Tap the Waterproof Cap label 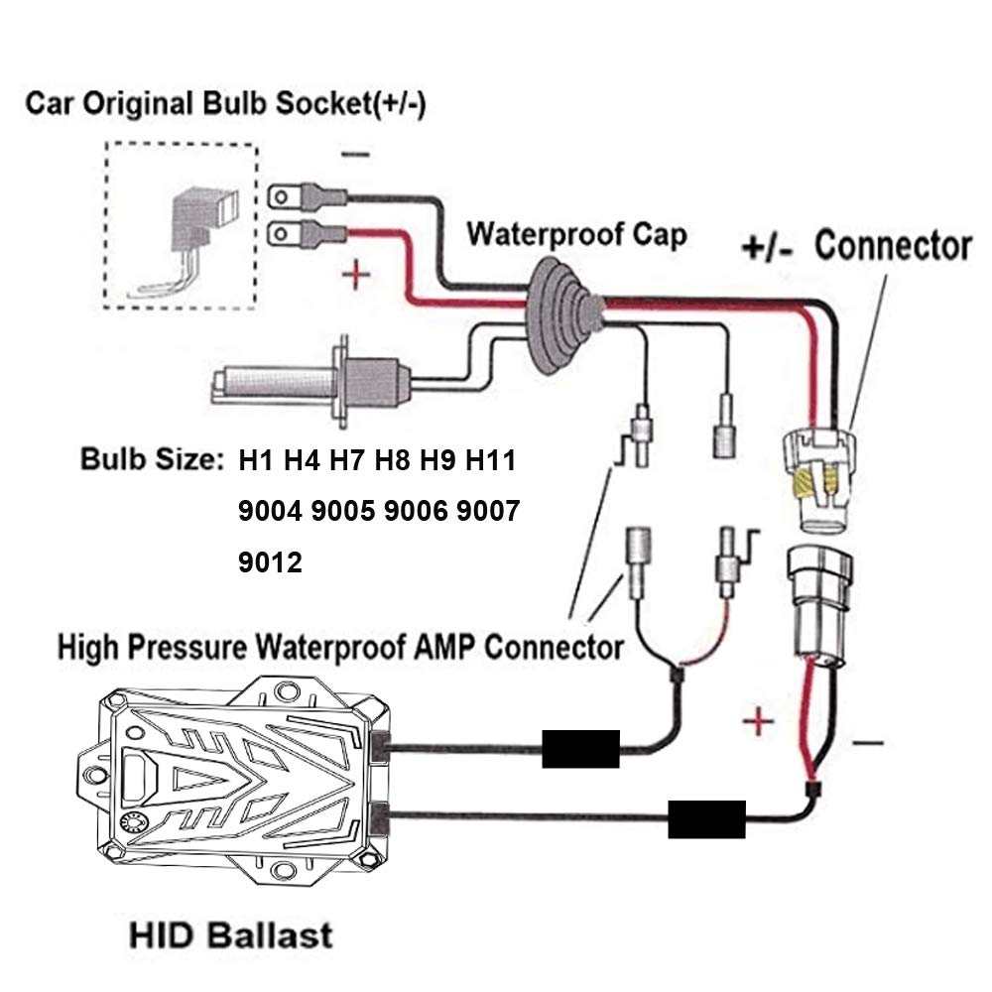576,235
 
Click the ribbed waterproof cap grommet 562,315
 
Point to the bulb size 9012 271,562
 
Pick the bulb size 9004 270,512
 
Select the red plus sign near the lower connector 757,721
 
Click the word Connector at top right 892,245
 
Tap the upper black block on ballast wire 580,748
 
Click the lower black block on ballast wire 706,819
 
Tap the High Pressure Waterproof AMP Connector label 340,649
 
